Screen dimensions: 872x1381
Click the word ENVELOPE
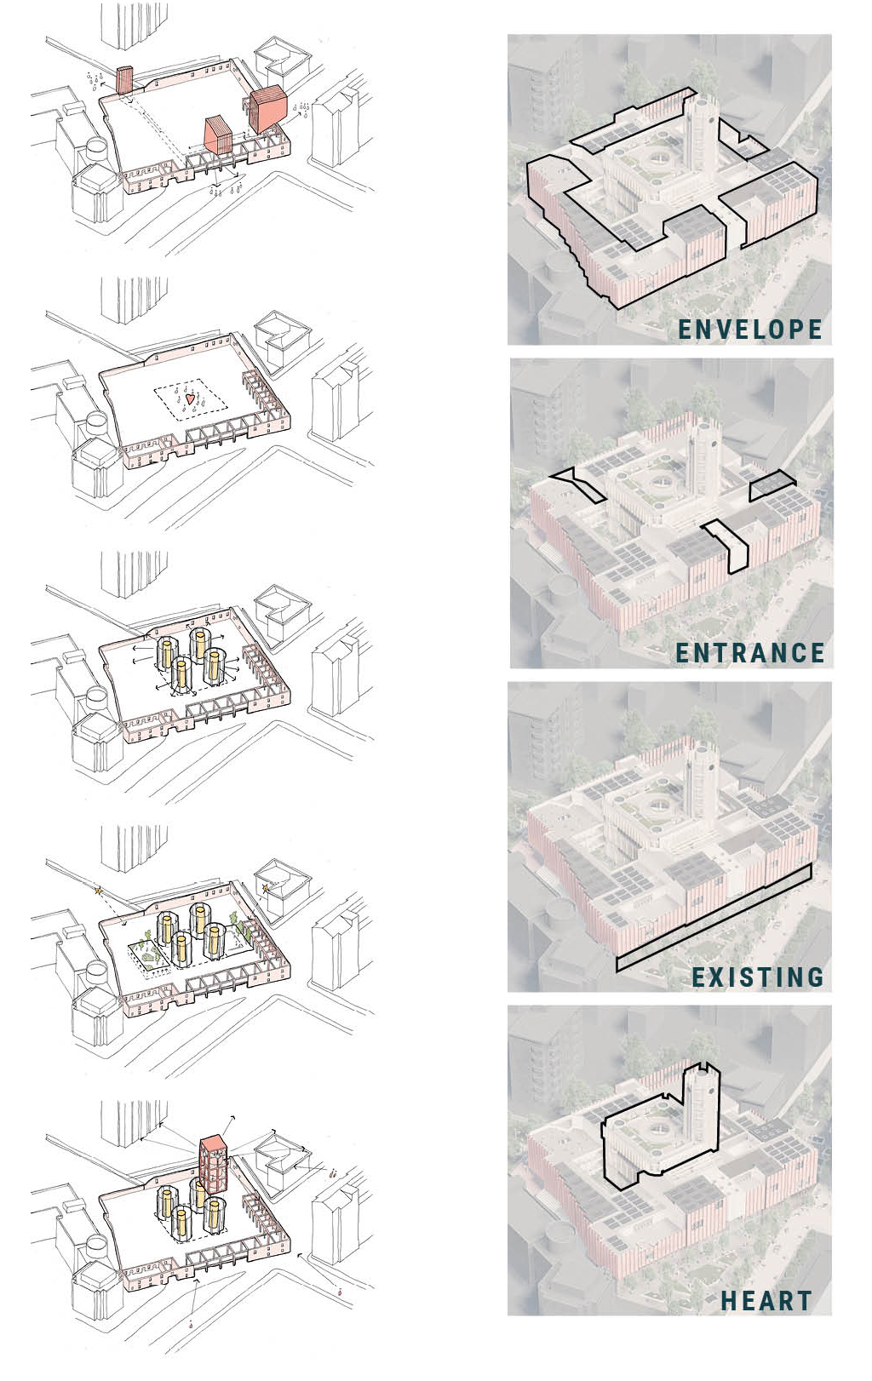tap(750, 329)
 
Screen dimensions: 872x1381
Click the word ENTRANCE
tap(750, 652)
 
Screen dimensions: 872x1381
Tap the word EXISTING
tap(758, 977)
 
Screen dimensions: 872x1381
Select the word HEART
tap(766, 1300)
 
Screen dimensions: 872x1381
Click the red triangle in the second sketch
tap(190, 398)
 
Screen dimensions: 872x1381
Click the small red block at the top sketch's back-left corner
tap(126, 79)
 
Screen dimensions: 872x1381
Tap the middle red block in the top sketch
tap(218, 135)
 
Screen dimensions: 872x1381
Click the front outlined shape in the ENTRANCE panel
tap(728, 546)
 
